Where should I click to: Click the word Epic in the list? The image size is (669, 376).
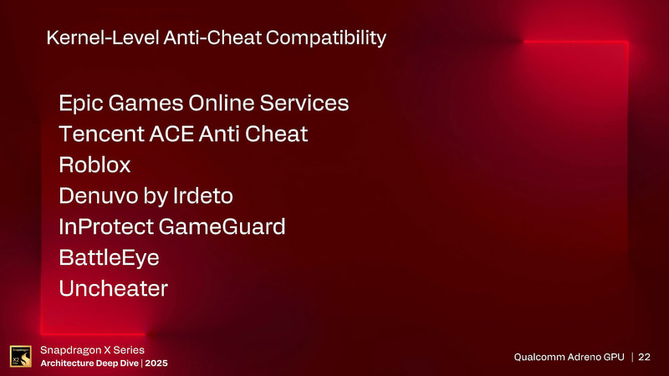tap(80, 104)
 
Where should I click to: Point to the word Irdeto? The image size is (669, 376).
tap(202, 196)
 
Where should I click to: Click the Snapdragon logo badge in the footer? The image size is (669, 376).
tap(20, 356)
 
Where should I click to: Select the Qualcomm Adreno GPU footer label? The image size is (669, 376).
tap(568, 358)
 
